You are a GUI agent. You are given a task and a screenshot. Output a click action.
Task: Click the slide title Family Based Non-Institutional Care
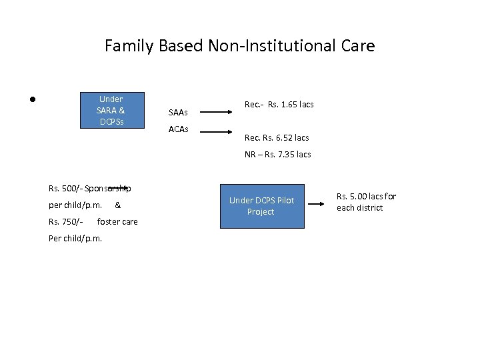(x=239, y=46)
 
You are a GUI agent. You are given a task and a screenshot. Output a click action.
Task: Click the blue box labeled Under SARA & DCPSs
(x=111, y=110)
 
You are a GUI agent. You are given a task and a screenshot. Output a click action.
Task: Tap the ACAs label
(x=179, y=129)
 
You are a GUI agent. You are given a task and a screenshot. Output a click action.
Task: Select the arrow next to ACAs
(x=217, y=132)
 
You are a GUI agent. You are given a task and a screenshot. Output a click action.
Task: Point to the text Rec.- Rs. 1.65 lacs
(x=279, y=105)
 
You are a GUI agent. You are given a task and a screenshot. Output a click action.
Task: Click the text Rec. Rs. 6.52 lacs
(x=277, y=138)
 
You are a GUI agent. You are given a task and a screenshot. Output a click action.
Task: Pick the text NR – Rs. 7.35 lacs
(x=277, y=155)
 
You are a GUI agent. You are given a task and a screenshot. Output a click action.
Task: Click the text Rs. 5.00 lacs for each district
(x=366, y=202)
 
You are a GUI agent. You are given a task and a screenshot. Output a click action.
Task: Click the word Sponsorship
(x=108, y=189)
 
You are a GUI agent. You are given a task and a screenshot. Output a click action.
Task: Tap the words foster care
(x=117, y=222)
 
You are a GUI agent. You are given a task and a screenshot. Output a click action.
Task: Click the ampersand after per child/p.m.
(x=118, y=205)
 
